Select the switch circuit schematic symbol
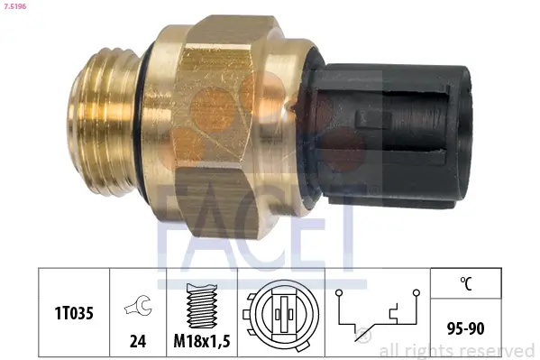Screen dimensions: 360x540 coord(377,315)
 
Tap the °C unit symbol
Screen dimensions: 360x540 coord(466,282)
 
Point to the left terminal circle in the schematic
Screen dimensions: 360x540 coord(338,293)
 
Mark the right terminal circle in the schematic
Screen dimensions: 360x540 coord(416,293)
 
